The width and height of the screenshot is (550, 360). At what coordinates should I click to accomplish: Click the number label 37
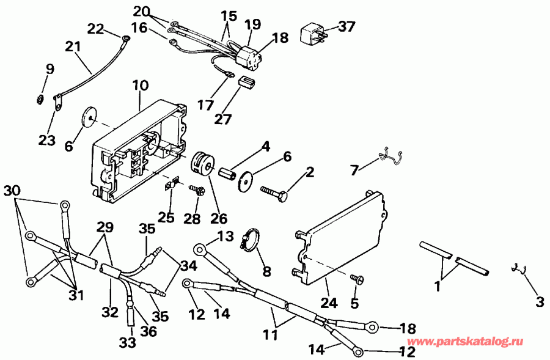pyautogui.click(x=346, y=27)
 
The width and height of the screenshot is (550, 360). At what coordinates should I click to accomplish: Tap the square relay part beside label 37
pyautogui.click(x=312, y=34)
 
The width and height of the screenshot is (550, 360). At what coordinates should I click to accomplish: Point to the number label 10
pyautogui.click(x=140, y=86)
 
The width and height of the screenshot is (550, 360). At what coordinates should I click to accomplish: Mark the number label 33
pyautogui.click(x=127, y=343)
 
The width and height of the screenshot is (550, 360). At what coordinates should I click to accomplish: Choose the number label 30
pyautogui.click(x=11, y=191)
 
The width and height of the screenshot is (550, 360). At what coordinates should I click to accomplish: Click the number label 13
pyautogui.click(x=226, y=237)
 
